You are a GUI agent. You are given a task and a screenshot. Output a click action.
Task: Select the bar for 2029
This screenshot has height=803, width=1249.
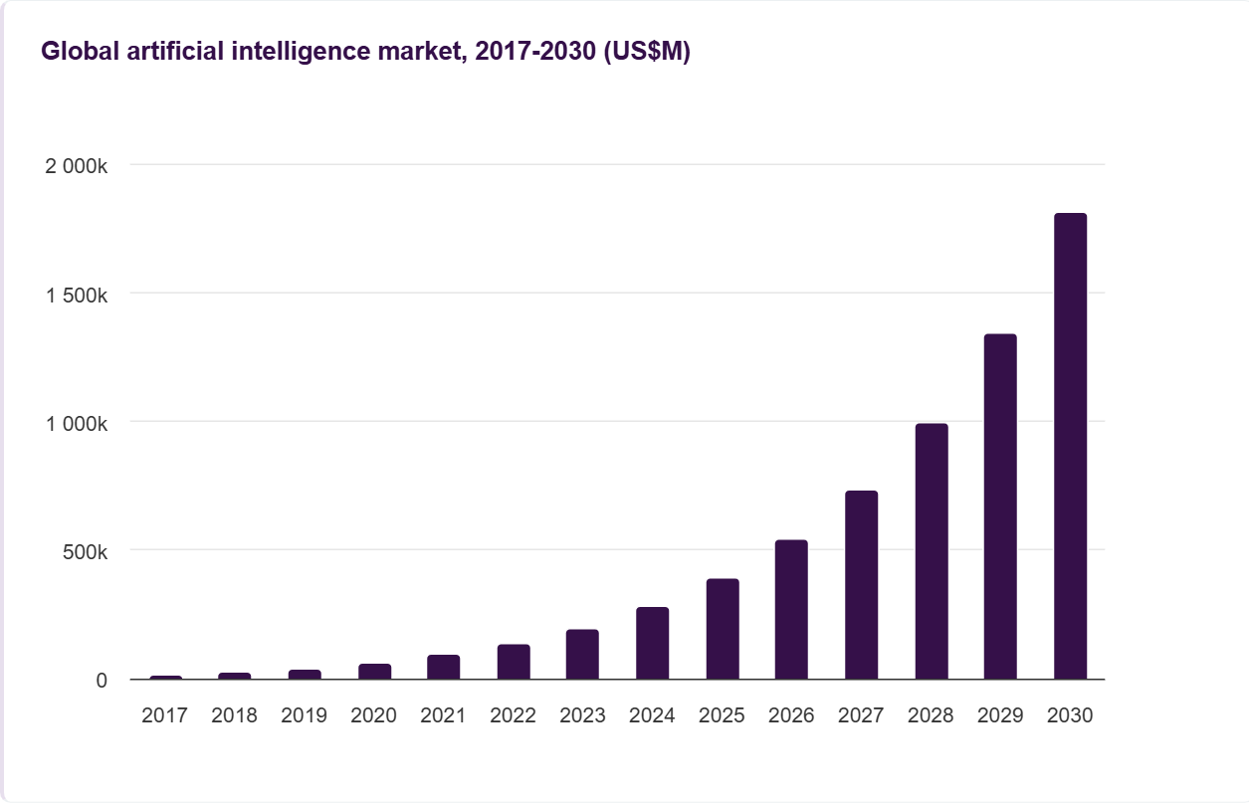click(x=1000, y=506)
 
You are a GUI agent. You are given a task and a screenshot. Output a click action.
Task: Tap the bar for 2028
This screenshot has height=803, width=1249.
click(x=932, y=551)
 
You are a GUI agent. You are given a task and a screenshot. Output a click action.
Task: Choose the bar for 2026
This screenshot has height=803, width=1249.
click(x=791, y=610)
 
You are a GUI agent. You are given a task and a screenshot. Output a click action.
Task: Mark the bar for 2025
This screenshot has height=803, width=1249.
click(x=723, y=629)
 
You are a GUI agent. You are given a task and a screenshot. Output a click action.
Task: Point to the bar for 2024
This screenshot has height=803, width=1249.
click(x=653, y=643)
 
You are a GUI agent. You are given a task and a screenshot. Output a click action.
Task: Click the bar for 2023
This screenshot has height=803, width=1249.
click(x=582, y=655)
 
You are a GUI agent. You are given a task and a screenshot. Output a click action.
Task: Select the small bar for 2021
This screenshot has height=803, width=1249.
click(x=444, y=667)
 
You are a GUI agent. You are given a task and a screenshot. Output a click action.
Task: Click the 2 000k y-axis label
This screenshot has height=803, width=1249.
click(x=77, y=166)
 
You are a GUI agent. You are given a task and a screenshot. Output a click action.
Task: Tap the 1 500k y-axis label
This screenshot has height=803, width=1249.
click(x=77, y=295)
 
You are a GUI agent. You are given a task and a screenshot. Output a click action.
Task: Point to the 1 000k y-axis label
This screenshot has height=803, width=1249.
click(x=77, y=423)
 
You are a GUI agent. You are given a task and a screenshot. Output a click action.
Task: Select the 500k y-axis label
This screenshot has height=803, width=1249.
click(x=84, y=551)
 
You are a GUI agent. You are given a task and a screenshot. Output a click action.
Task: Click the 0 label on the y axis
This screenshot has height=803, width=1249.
click(x=102, y=681)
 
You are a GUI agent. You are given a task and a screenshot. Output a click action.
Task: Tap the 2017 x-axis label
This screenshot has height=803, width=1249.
click(x=165, y=715)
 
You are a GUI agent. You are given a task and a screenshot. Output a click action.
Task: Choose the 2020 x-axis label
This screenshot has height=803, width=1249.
click(x=374, y=715)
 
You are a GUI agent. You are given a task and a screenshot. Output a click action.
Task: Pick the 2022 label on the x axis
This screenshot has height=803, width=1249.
click(x=514, y=715)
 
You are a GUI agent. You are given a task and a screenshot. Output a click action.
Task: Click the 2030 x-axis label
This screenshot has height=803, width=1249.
click(x=1070, y=715)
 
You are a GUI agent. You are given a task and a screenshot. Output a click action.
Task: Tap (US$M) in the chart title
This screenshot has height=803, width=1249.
click(x=647, y=53)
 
